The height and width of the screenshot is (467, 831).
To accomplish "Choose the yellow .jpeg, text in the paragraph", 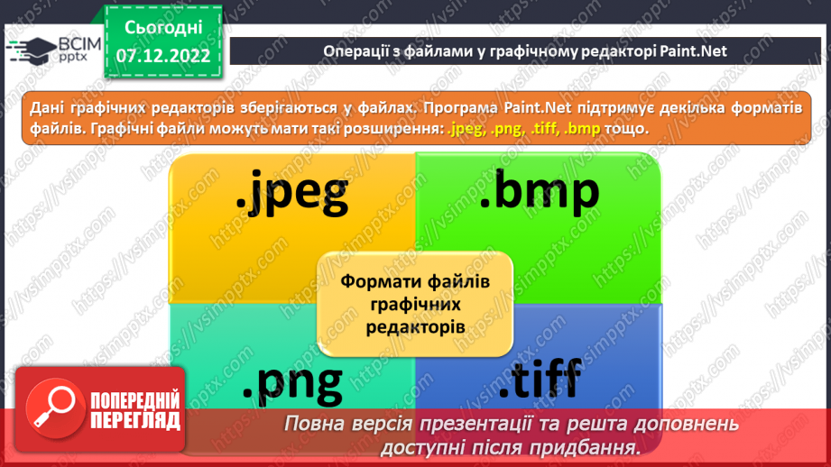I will tap(468, 128).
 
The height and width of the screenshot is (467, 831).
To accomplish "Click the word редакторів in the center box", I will tap(415, 325).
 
